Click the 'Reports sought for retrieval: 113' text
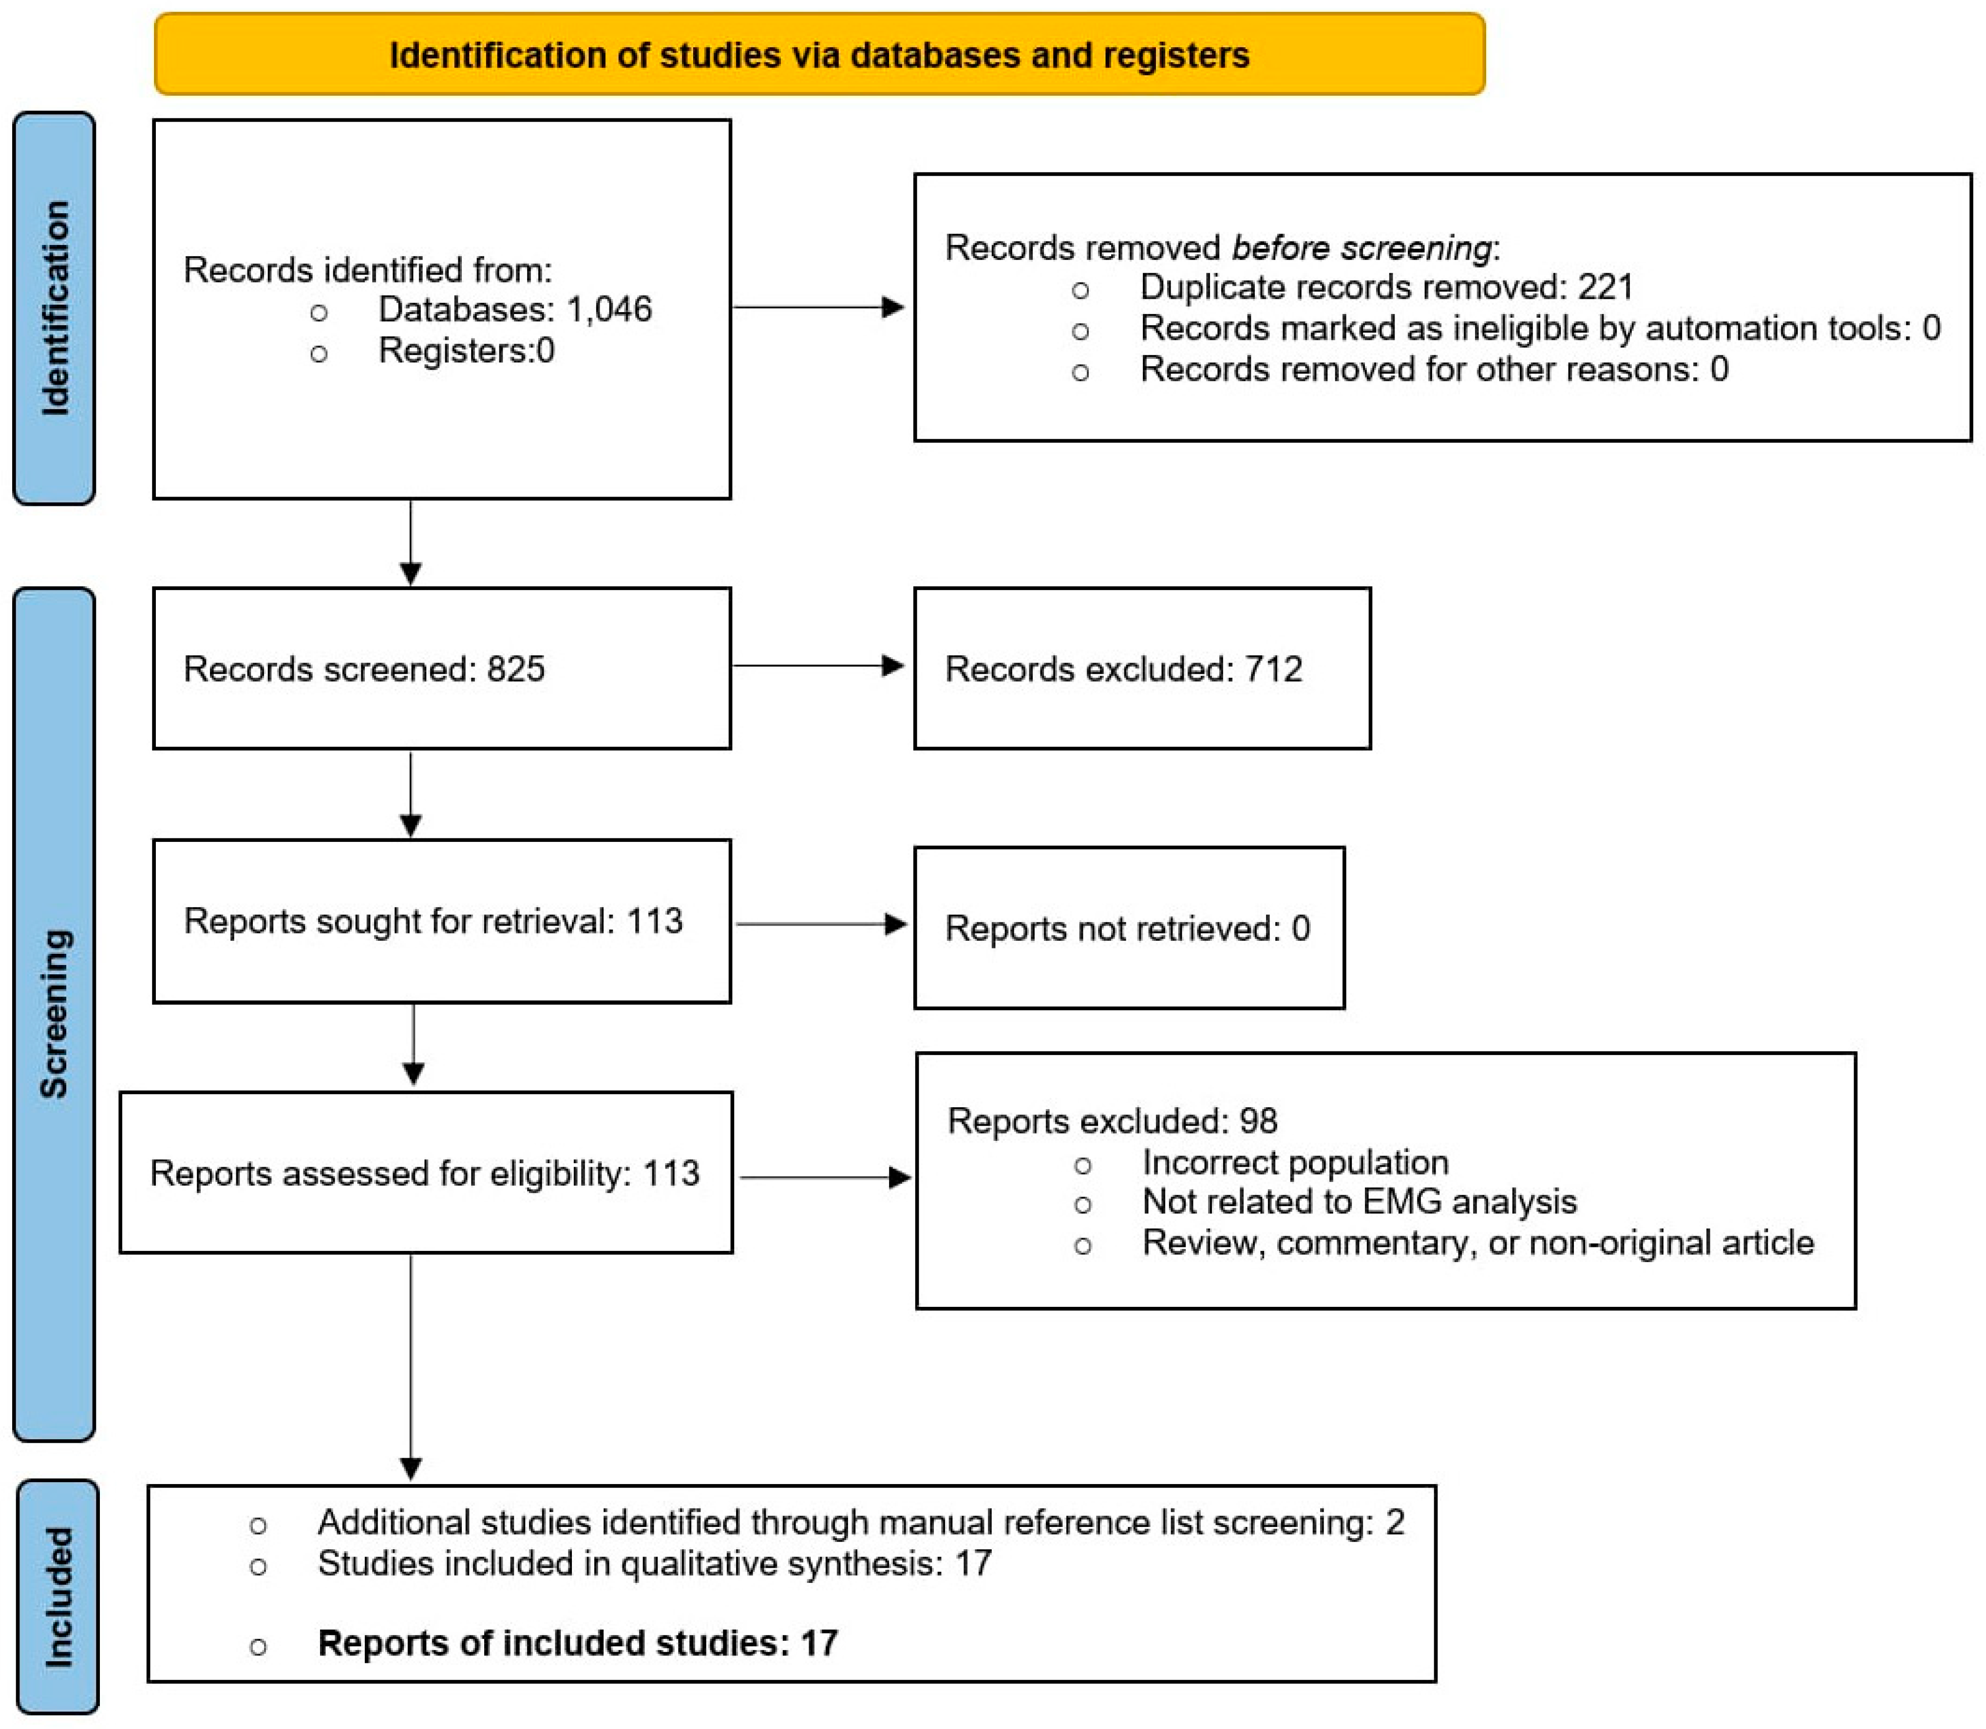click(x=433, y=921)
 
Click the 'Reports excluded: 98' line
click(x=1112, y=1121)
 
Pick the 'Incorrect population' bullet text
click(x=1295, y=1163)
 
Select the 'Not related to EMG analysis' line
click(x=1359, y=1202)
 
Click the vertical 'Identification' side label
click(x=55, y=309)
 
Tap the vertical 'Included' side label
click(x=58, y=1597)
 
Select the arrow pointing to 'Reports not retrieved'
click(x=820, y=924)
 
